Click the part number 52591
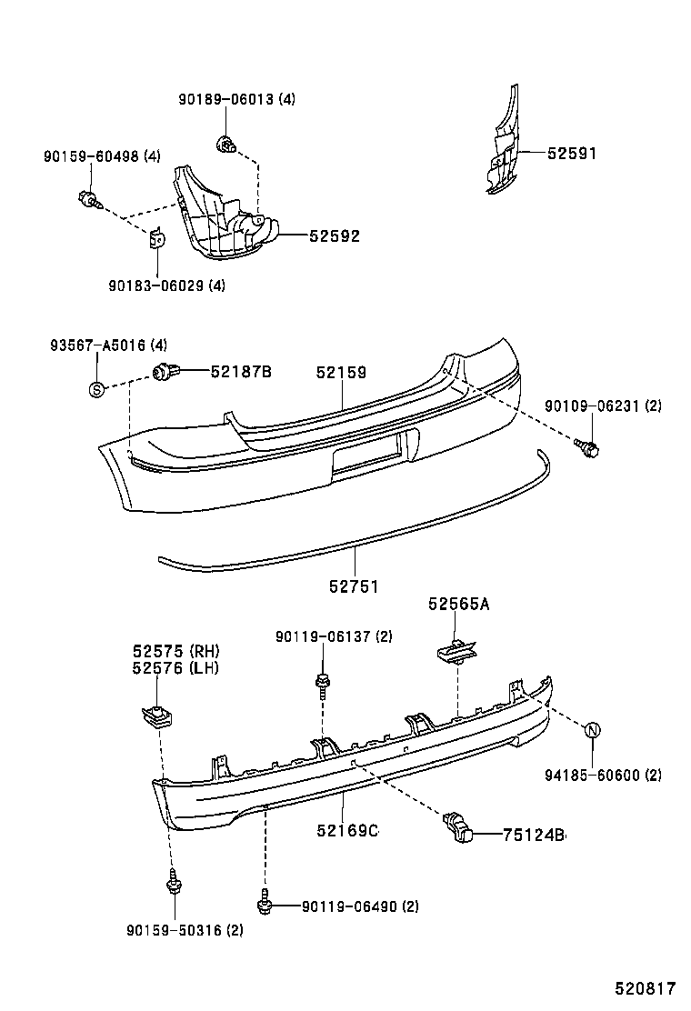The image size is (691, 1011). tap(572, 154)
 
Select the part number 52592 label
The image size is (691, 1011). tap(335, 236)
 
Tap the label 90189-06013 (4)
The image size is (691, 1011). tap(236, 99)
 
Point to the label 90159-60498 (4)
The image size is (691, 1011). tap(102, 156)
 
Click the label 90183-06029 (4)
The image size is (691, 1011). tap(166, 285)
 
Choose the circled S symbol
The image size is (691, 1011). tap(96, 390)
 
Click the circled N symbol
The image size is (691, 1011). tap(592, 730)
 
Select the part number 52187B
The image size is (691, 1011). tap(242, 371)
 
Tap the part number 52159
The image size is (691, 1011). tap(341, 372)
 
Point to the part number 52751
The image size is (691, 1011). tap(354, 587)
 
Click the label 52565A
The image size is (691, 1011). tap(459, 604)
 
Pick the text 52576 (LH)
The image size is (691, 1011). tap(176, 668)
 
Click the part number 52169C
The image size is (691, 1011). tap(347, 830)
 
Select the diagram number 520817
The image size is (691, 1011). tap(644, 988)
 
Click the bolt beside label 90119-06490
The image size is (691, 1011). tap(265, 904)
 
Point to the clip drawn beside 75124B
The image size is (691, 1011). tap(458, 826)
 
